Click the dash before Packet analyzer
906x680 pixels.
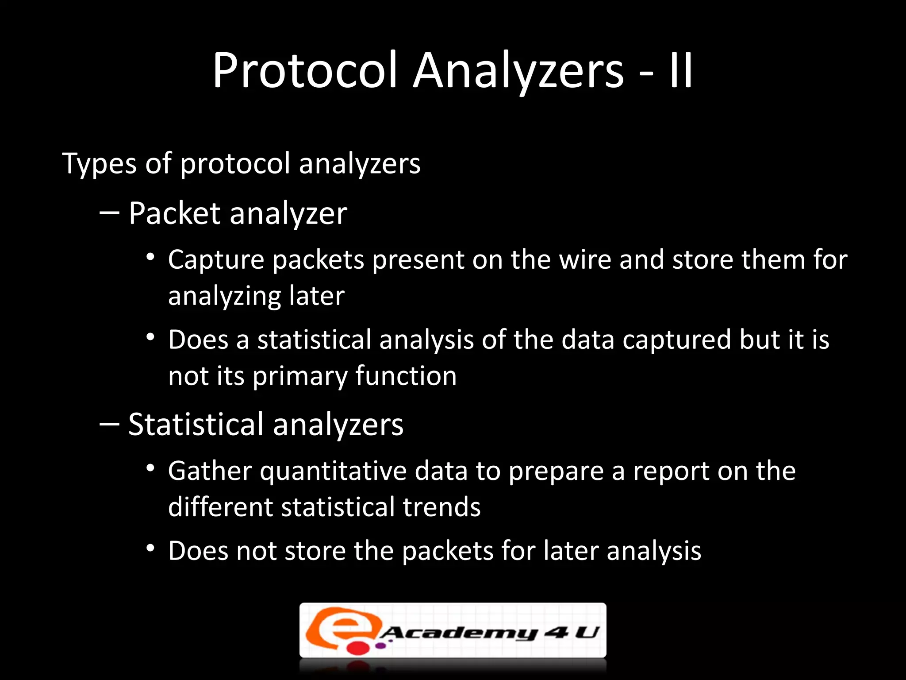pyautogui.click(x=109, y=213)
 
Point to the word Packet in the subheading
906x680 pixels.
pyautogui.click(x=174, y=213)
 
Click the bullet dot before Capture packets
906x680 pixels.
pyautogui.click(x=151, y=257)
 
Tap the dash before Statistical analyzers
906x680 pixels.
pyautogui.click(x=109, y=425)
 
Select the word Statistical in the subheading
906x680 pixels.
pyautogui.click(x=196, y=425)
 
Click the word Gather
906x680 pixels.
pyautogui.click(x=210, y=471)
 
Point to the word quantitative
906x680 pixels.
pyautogui.click(x=333, y=471)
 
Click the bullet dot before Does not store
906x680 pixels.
pyautogui.click(x=151, y=549)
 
